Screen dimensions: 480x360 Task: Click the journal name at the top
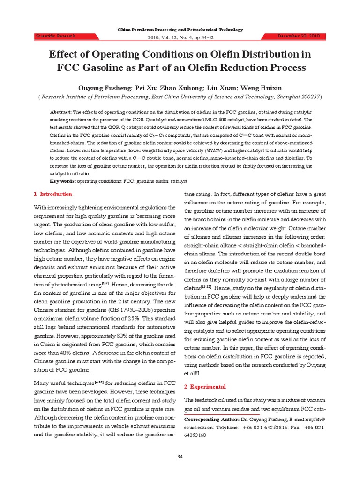(x=180, y=30)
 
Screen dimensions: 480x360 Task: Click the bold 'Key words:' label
(x=63, y=180)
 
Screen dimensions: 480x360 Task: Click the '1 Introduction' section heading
(x=53, y=194)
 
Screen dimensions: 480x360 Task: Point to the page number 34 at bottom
(x=180, y=456)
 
